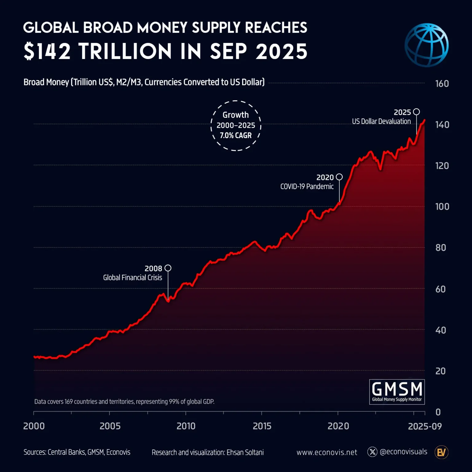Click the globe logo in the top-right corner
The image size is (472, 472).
pos(427,45)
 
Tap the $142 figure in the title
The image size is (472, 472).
pos(47,51)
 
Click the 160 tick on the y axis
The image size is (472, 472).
pos(442,84)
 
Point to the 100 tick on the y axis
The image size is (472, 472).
pos(442,206)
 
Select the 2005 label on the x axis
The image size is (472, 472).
pos(110,426)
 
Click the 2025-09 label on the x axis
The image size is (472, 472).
pos(425,426)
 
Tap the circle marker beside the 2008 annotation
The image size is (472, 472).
pos(168,268)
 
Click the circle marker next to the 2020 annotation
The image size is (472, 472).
pos(339,177)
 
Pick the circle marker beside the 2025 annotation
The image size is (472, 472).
pos(416,112)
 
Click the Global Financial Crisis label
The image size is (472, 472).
pos(132,277)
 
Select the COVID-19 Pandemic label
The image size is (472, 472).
pos(307,187)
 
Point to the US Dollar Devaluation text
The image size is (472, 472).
pos(381,121)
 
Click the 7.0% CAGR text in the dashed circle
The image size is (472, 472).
pos(236,136)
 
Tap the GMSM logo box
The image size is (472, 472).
pos(397,392)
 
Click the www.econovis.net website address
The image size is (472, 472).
pos(327,452)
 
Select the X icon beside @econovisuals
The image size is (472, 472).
pos(372,452)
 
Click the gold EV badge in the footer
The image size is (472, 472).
pos(441,452)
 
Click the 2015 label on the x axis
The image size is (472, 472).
pos(262,426)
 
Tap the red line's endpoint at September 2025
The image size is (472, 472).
pos(424,120)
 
